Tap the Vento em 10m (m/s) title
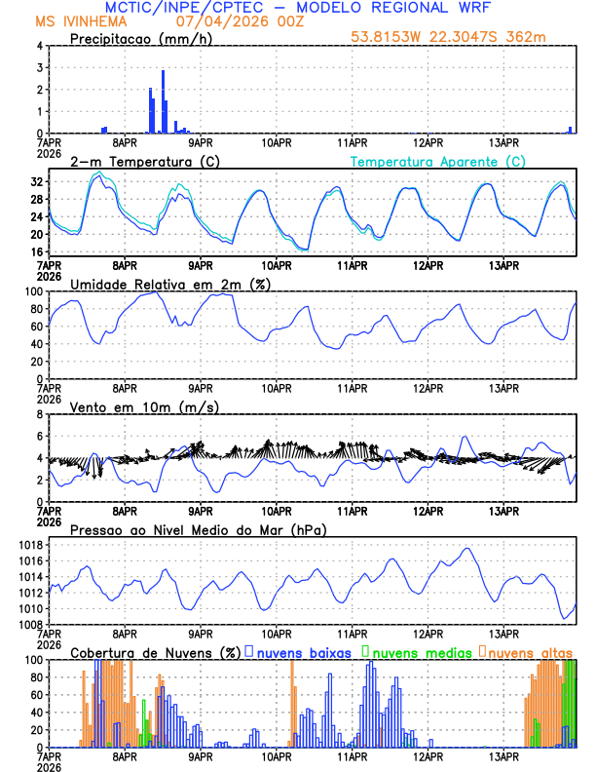pyautogui.click(x=144, y=406)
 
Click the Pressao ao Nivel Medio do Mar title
pyautogui.click(x=198, y=529)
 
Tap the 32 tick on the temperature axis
pyautogui.click(x=36, y=181)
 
